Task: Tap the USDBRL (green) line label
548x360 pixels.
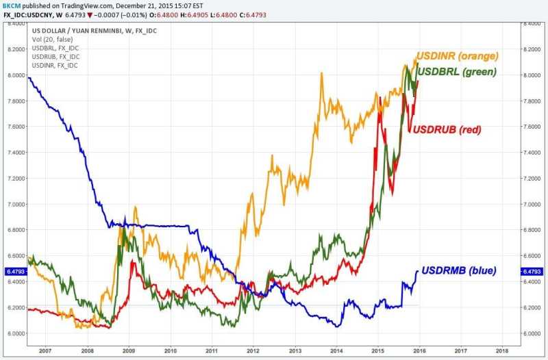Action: pyautogui.click(x=457, y=71)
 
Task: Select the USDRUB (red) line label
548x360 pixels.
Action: pyautogui.click(x=445, y=130)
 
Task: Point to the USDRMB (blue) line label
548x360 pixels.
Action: pyautogui.click(x=458, y=270)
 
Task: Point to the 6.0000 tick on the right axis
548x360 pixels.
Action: pyautogui.click(x=532, y=333)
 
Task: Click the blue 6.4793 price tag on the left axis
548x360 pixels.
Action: pyautogui.click(x=15, y=272)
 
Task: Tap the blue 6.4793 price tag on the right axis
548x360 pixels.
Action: pyautogui.click(x=532, y=272)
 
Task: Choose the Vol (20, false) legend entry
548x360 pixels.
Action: pyautogui.click(x=52, y=40)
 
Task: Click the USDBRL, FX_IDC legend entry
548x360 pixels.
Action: pyautogui.click(x=55, y=49)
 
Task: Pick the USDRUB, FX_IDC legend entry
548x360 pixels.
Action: pyautogui.click(x=55, y=57)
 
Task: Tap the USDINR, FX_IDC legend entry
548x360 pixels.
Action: pyautogui.click(x=55, y=66)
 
